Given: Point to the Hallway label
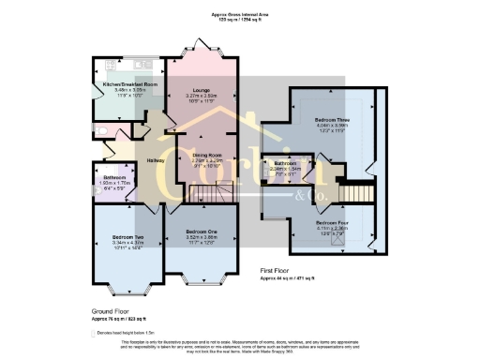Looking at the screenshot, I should click(156, 160).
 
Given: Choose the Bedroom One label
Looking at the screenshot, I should click(202, 231).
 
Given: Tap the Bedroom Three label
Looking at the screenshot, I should click(331, 121).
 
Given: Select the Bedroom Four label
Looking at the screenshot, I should click(332, 222).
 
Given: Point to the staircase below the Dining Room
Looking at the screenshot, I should click(206, 194).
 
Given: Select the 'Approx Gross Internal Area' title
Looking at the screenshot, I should click(239, 15).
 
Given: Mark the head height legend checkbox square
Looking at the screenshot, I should click(95, 333).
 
